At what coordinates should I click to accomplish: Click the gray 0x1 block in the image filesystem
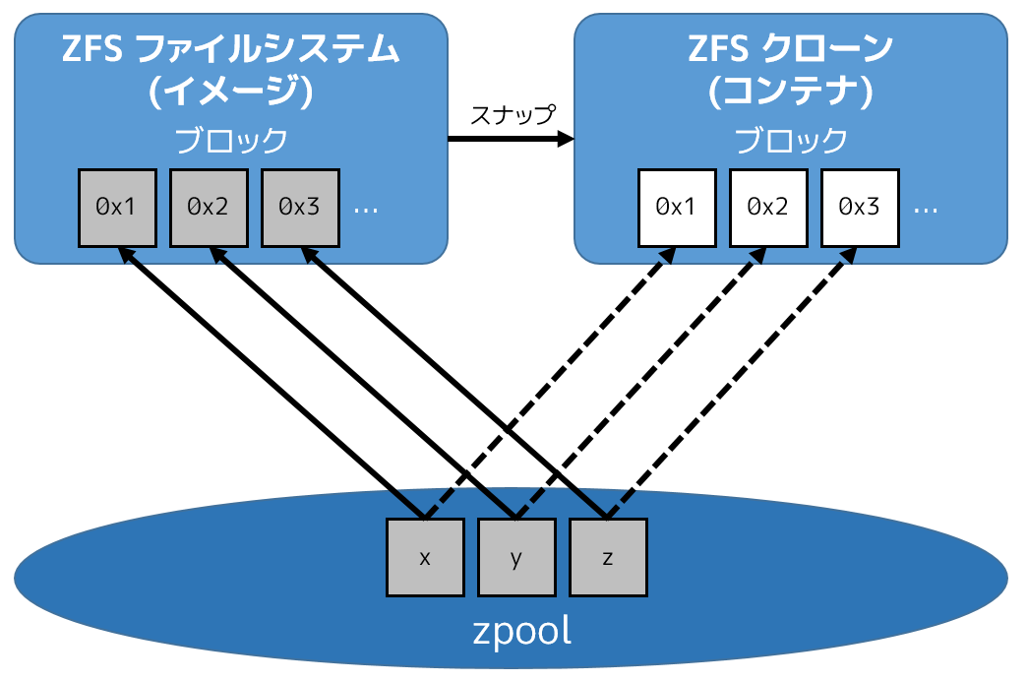pos(117,207)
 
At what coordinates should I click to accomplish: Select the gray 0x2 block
pos(209,207)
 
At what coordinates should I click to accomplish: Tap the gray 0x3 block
pos(300,207)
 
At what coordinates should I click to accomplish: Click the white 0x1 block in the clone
pos(676,207)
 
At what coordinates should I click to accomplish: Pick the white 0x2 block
pos(767,207)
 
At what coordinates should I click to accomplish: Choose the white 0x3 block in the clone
pos(859,207)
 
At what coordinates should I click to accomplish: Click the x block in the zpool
pos(425,558)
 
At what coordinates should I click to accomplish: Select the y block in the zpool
pos(516,558)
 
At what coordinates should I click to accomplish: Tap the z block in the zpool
pos(608,558)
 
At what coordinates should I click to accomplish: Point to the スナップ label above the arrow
pos(512,114)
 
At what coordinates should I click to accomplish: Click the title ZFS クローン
pos(791,47)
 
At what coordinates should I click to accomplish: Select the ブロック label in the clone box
pos(791,141)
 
